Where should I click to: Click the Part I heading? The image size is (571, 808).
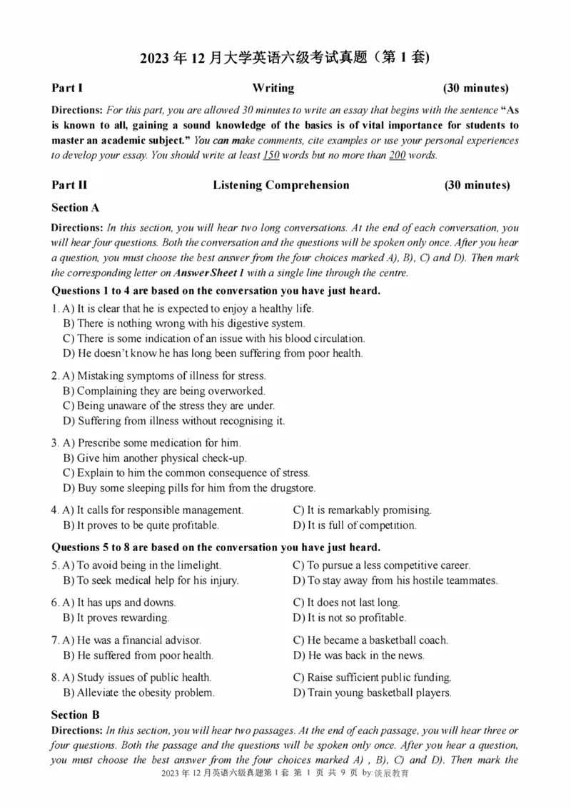coord(67,89)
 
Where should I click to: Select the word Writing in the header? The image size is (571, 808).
coord(273,89)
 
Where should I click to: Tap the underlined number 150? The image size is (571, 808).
coord(271,156)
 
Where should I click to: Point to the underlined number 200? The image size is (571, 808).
coord(397,156)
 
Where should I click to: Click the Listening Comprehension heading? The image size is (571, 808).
coord(281,186)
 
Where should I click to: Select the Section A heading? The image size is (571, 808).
coord(75,208)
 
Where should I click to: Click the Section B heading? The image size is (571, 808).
coord(75,714)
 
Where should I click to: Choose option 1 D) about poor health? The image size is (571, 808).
coord(213,353)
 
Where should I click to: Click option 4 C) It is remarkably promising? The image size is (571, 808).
coord(362,510)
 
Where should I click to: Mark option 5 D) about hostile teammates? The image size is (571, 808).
coord(395,580)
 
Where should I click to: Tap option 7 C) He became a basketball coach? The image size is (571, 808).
coord(370,640)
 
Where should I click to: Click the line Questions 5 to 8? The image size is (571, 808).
coord(216,547)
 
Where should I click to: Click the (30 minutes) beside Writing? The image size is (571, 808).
coord(475,89)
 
